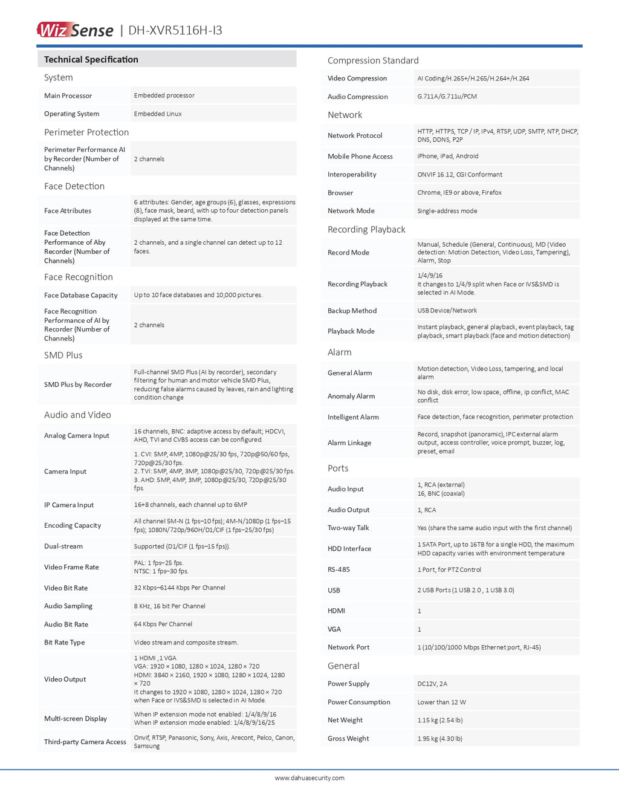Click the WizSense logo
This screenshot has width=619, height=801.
(x=75, y=30)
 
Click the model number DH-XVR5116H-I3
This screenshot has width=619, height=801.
(x=175, y=30)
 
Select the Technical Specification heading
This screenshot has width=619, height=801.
(x=91, y=59)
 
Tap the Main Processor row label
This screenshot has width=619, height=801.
(x=68, y=96)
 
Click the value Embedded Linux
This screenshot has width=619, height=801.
(x=158, y=114)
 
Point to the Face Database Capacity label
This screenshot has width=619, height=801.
(x=80, y=295)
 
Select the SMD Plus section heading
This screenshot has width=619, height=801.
(x=63, y=355)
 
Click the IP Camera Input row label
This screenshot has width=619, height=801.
(x=69, y=505)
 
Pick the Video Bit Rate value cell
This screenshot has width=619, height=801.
(x=180, y=588)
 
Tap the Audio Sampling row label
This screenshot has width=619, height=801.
(x=68, y=606)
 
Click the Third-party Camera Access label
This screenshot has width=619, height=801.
(x=85, y=742)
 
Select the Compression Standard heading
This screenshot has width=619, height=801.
(x=373, y=60)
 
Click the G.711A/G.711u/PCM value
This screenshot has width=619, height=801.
(x=447, y=96)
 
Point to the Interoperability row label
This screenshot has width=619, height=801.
(x=352, y=174)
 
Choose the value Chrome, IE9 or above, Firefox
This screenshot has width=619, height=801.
(x=459, y=192)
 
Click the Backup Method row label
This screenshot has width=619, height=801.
(x=352, y=311)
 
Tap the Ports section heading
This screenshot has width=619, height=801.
(x=338, y=468)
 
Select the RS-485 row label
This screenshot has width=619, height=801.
(x=339, y=569)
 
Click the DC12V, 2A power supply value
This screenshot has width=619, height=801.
(x=432, y=684)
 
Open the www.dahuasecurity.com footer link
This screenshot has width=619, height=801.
(x=309, y=778)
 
